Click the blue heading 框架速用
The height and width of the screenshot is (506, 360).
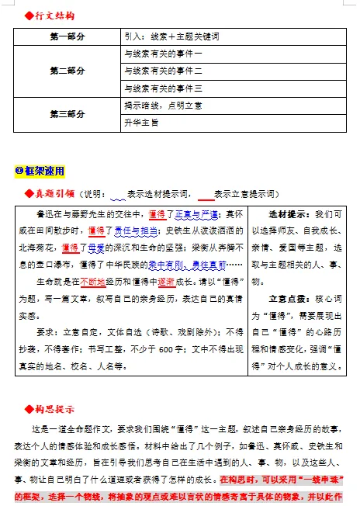pos(44,171)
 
